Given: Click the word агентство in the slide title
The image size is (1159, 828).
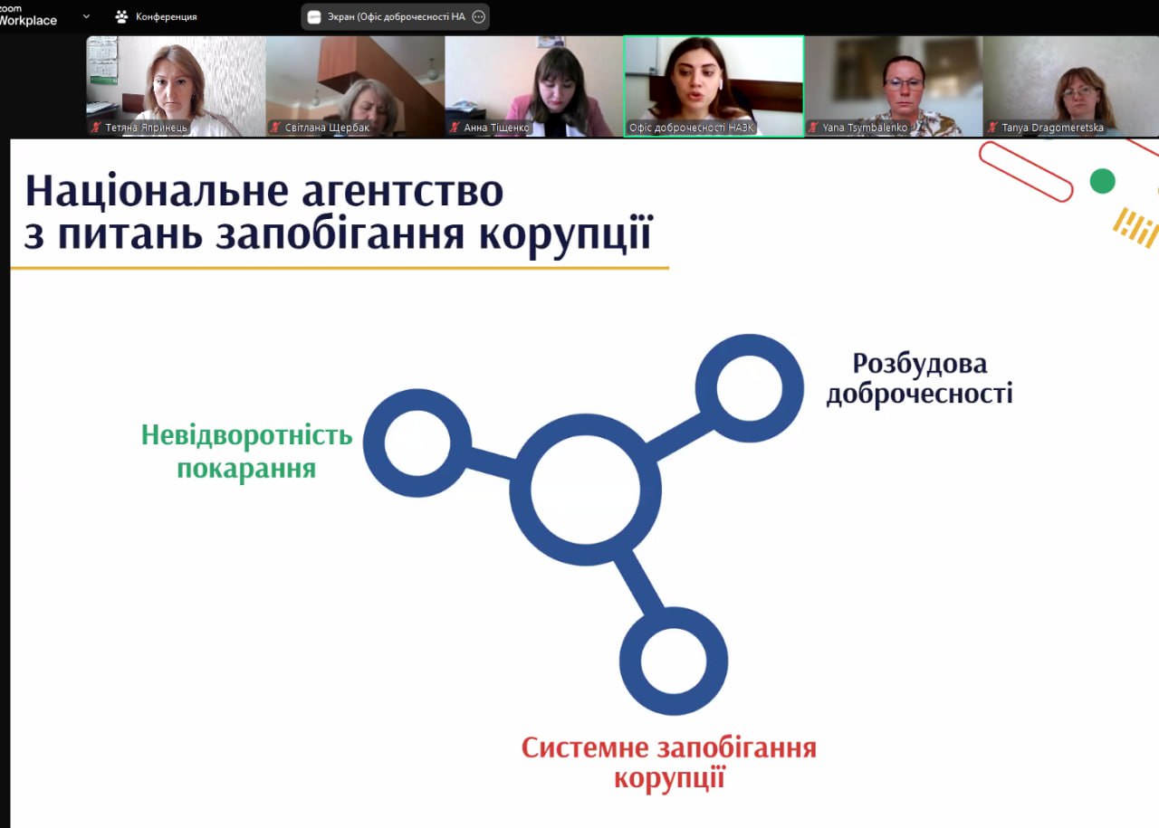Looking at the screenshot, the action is click(402, 192).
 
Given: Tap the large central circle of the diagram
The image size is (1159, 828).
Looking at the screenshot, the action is click(585, 490).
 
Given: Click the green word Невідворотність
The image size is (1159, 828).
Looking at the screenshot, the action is click(247, 435).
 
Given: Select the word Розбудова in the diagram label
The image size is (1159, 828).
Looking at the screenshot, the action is click(919, 364).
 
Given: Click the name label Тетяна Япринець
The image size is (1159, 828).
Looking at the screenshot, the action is click(146, 128).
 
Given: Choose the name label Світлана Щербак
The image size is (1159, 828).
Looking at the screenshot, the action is click(327, 128).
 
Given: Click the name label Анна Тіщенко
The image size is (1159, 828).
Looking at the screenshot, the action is click(497, 128).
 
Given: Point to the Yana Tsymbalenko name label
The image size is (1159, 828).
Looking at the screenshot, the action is click(865, 128).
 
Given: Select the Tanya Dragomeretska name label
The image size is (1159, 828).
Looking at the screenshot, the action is click(1052, 128).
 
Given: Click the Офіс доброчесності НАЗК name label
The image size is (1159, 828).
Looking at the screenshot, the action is click(691, 128).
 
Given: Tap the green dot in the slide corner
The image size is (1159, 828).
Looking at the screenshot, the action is click(1102, 182).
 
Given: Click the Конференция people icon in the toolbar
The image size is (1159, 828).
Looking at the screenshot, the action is click(121, 16).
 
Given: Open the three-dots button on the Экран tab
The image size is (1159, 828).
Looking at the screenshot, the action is click(479, 16).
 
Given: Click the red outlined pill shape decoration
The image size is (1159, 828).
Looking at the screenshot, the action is click(1026, 172).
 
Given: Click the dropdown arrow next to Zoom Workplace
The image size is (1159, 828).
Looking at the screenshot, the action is click(86, 16).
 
